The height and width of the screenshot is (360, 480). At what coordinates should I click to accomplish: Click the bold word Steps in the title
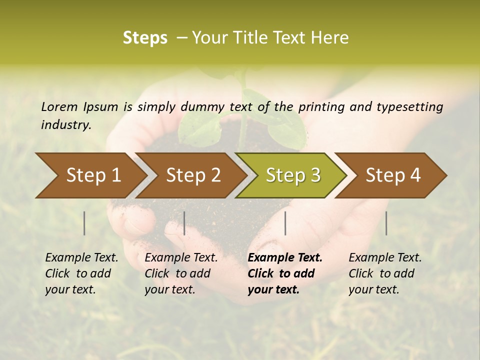[x=145, y=38]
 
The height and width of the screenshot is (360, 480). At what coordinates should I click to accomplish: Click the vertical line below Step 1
[x=84, y=223]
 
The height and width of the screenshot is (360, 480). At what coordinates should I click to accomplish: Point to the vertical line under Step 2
[x=184, y=223]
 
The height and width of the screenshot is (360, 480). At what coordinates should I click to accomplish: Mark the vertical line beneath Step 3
[x=285, y=223]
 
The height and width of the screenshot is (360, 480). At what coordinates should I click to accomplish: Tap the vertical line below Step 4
[x=386, y=223]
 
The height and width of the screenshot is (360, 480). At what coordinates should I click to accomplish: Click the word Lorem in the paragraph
[x=59, y=106]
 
